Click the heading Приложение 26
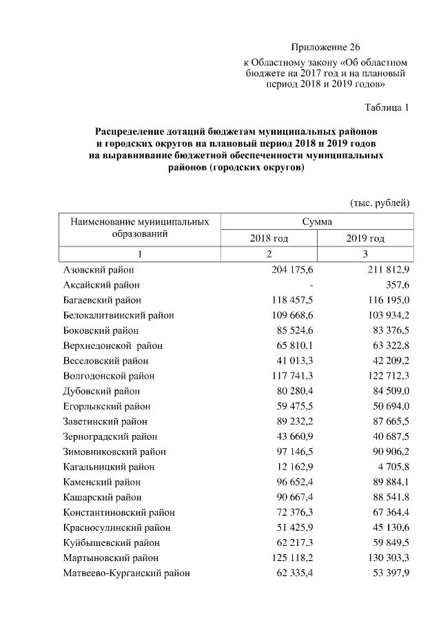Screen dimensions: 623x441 click(325, 47)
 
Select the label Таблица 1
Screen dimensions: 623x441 click(387, 107)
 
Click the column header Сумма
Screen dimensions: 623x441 click(317, 222)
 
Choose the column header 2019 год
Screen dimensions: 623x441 click(365, 238)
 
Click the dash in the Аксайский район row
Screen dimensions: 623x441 click(311, 284)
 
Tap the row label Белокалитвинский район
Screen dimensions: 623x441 click(119, 315)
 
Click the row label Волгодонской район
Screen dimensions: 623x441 click(109, 376)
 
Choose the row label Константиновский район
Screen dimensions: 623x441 click(119, 512)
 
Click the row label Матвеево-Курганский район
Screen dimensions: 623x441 click(127, 573)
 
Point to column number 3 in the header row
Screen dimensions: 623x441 click(365, 254)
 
